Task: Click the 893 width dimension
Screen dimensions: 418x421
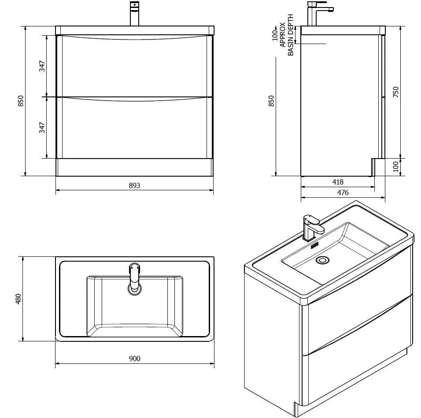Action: pos(134,185)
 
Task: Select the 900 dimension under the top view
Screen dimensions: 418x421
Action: pos(135,358)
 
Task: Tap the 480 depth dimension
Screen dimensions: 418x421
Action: pos(18,299)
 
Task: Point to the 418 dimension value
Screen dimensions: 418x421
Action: pos(337,181)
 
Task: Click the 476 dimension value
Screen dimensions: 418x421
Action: pos(343,192)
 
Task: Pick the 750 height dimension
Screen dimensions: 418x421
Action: pos(395,92)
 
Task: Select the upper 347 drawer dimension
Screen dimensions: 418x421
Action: pos(42,66)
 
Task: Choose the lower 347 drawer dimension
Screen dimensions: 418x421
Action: pos(42,127)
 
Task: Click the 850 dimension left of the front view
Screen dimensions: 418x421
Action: pos(21,101)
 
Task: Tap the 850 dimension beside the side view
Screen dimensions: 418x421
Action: pos(271,101)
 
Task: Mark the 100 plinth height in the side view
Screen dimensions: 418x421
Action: pos(395,166)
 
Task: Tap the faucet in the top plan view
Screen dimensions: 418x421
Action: pos(134,277)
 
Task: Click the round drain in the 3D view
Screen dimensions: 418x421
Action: pos(322,260)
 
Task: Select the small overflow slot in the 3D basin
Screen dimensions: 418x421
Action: pos(314,245)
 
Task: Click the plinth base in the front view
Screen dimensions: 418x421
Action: pos(134,167)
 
